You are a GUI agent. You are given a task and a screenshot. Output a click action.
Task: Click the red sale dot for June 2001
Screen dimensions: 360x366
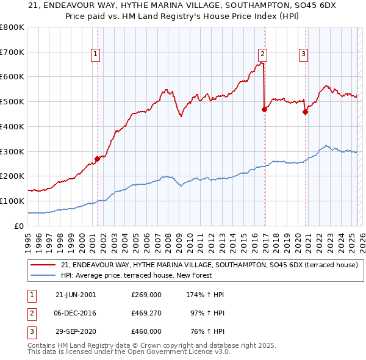(x=98, y=159)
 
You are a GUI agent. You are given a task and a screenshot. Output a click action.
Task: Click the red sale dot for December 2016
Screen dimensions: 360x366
(x=264, y=109)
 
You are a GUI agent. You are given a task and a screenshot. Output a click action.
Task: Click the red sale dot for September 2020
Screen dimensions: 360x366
(x=305, y=112)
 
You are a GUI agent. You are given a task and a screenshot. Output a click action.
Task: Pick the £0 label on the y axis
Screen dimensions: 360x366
(x=20, y=226)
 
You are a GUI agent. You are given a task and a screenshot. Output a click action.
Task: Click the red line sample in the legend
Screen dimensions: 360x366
(x=43, y=264)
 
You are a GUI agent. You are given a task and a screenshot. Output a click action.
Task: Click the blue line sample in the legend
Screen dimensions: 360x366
(x=43, y=275)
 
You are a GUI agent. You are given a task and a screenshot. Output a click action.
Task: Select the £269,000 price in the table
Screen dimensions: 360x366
(x=146, y=295)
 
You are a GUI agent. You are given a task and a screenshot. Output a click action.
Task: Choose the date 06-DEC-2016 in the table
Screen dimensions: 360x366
(x=76, y=313)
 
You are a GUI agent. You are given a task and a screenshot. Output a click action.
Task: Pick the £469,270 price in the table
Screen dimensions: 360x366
(x=146, y=313)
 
